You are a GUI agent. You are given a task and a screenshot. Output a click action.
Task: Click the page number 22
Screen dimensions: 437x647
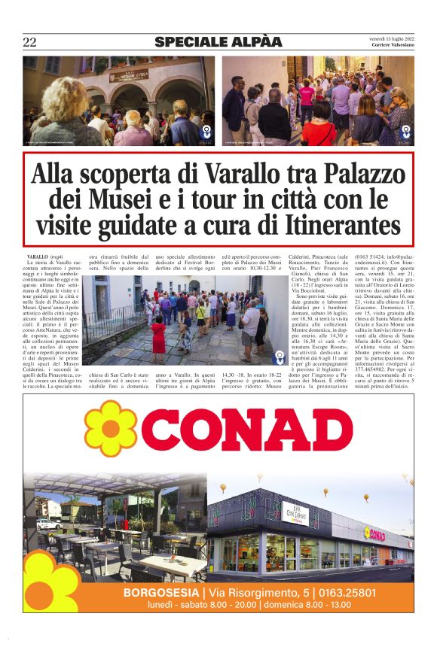[x=29, y=42]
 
